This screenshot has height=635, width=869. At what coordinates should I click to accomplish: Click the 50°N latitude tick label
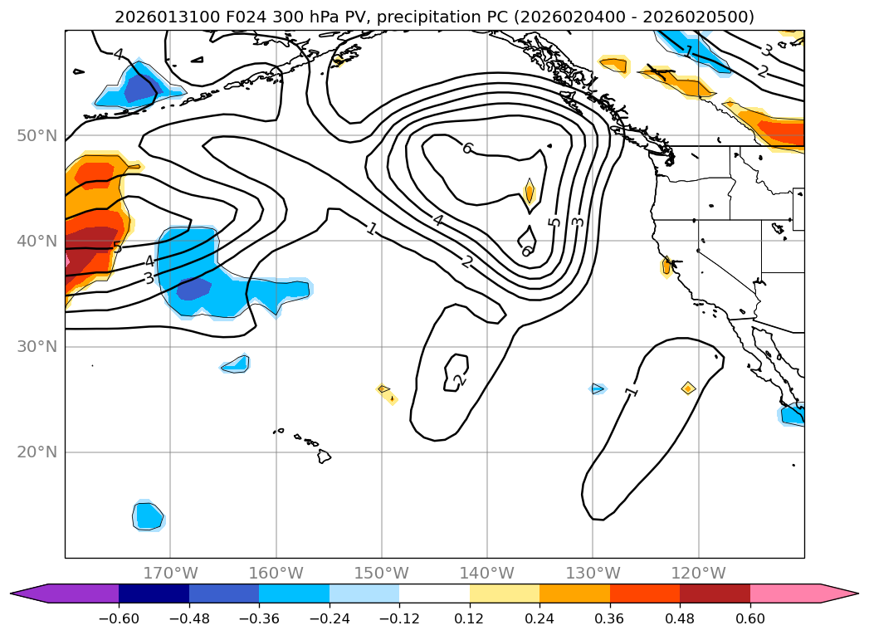(37, 135)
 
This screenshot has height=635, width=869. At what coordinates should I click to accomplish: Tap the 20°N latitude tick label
(37, 452)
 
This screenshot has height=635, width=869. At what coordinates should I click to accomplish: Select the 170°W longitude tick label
(170, 573)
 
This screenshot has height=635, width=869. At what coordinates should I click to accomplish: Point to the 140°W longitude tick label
(487, 573)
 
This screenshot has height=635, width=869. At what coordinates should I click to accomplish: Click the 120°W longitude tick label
(698, 573)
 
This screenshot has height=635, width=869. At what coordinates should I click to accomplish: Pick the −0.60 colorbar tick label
(119, 618)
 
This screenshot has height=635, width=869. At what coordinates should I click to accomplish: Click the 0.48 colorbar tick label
(680, 618)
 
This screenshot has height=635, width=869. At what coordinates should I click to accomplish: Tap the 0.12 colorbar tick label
(469, 618)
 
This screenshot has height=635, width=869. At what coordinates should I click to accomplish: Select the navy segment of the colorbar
(154, 593)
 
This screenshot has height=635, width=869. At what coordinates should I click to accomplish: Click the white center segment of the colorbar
(434, 593)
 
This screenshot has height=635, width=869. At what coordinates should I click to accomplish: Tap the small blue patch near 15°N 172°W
(149, 516)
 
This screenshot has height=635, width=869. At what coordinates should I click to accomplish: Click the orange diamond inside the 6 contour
(530, 192)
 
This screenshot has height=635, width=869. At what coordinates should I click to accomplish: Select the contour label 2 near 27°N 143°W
(458, 381)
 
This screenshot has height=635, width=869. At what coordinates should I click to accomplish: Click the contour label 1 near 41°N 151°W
(372, 228)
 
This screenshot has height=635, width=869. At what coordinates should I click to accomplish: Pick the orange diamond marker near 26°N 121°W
(688, 388)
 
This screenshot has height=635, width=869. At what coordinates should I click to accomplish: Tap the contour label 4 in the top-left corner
(118, 55)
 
